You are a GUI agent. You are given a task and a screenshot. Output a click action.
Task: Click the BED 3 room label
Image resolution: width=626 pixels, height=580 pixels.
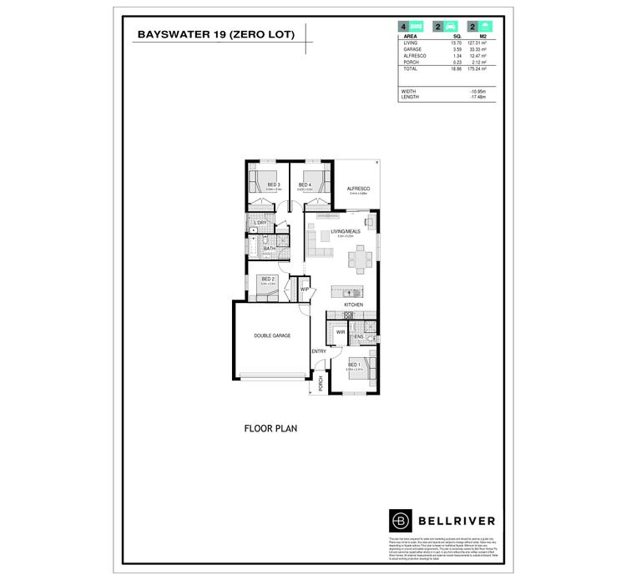tap(273, 184)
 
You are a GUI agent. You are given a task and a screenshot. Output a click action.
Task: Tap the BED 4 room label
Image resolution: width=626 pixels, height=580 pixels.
tap(305, 184)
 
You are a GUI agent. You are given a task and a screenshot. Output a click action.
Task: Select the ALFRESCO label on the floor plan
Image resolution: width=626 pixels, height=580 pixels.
tap(358, 189)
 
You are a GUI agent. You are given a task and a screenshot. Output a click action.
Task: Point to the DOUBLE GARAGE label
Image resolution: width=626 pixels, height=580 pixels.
tap(272, 335)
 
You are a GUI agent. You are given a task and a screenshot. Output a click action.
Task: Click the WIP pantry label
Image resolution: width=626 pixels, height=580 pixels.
tap(305, 290)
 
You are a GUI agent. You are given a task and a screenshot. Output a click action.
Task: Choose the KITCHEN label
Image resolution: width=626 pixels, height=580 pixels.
tap(354, 305)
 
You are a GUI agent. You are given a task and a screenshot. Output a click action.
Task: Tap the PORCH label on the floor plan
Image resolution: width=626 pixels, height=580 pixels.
tap(321, 383)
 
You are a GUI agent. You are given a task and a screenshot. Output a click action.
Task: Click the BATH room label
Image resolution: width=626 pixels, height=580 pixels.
tap(269, 248)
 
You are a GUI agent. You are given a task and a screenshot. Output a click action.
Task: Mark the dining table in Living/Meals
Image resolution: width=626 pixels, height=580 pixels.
tap(361, 259)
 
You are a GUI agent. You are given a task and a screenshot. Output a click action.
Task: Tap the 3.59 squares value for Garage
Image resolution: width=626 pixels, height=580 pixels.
tap(457, 49)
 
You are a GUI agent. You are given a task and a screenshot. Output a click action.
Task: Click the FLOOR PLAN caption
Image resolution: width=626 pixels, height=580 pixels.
tap(270, 429)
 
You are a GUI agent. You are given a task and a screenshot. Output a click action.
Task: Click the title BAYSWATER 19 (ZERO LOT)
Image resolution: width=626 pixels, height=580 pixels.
tap(215, 35)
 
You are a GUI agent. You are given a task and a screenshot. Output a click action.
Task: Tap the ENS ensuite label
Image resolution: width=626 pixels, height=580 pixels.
tap(359, 336)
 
